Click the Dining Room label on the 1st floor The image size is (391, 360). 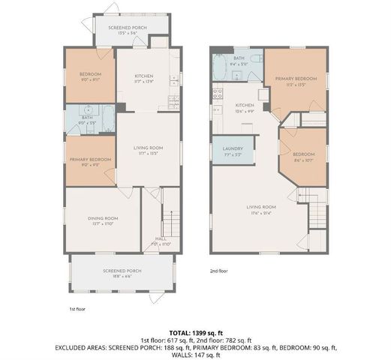click(103, 220)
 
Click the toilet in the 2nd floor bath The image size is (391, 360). click(255, 58)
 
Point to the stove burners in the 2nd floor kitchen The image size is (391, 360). click(217, 94)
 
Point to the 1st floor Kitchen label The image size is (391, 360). click(145, 78)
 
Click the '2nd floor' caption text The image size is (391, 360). click(218, 271)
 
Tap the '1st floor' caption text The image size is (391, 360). click(77, 307)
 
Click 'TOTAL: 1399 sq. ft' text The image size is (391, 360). click(195, 331)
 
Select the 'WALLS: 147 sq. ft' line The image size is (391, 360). click(195, 354)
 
